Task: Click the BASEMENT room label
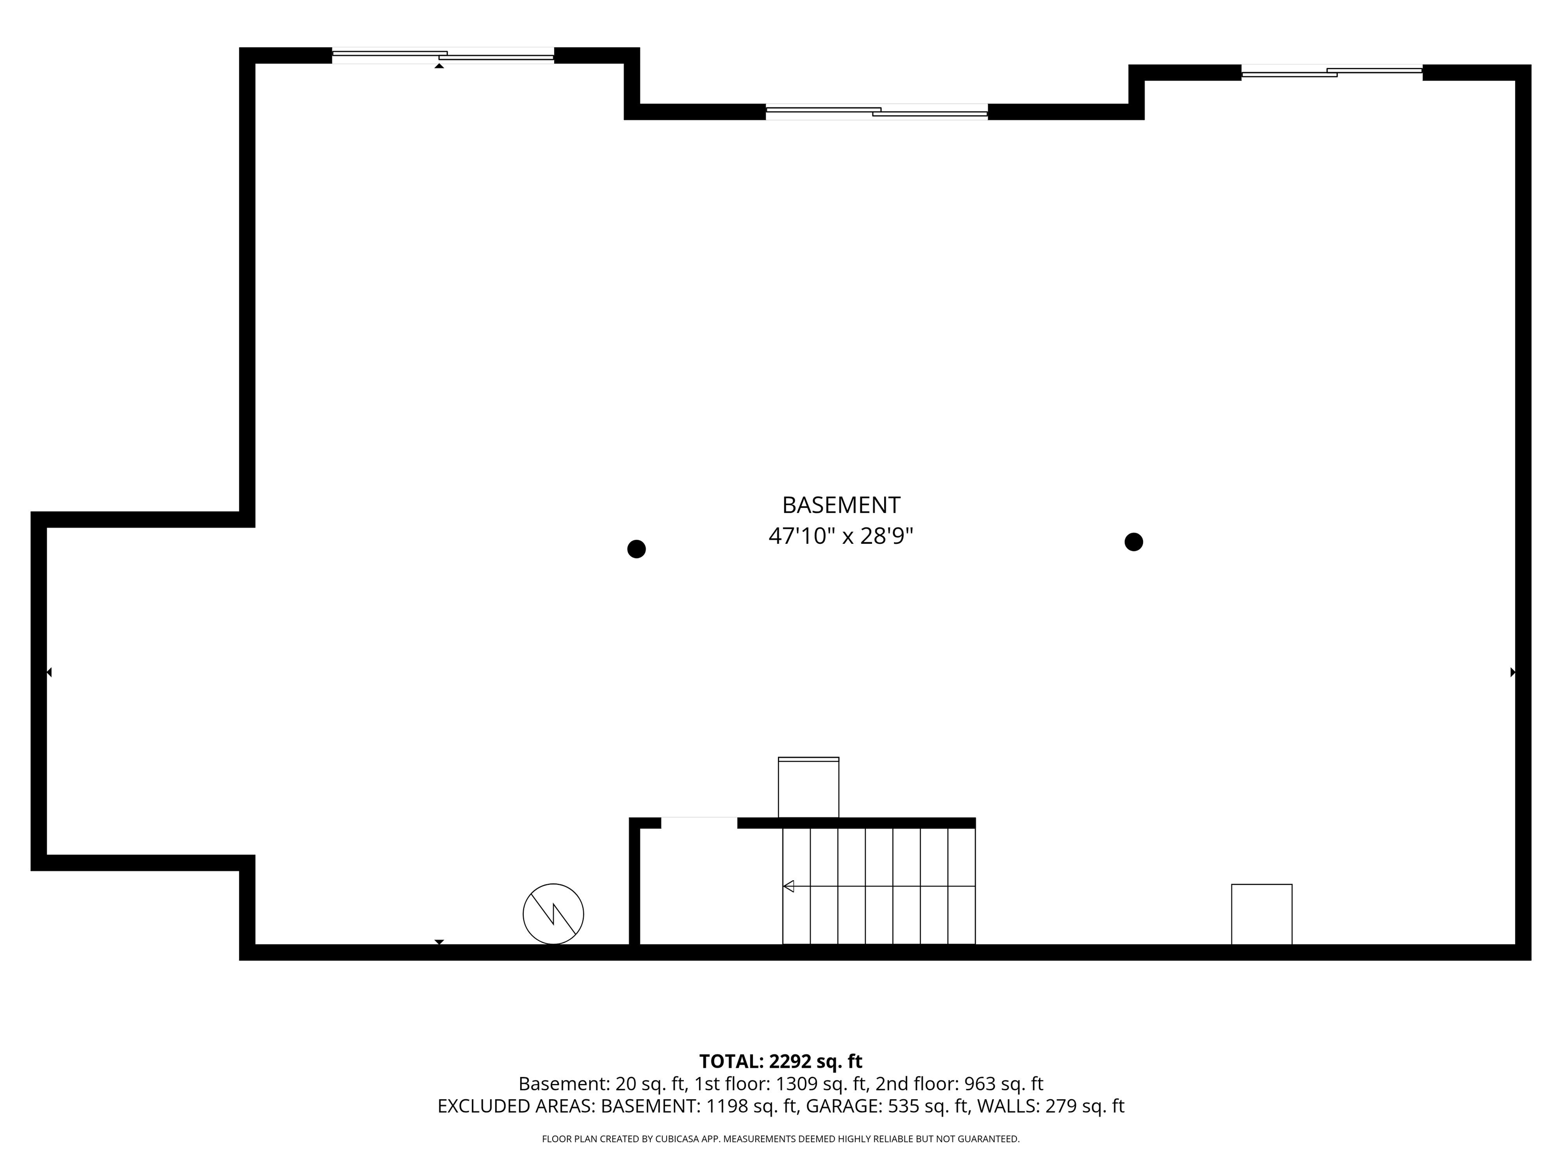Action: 840,505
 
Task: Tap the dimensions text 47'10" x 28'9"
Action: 840,536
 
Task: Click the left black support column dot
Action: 636,549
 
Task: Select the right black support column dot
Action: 1133,542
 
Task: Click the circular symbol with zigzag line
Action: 553,913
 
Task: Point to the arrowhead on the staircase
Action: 789,886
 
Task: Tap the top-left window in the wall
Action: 443,56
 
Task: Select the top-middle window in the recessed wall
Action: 876,111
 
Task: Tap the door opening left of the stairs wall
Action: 699,822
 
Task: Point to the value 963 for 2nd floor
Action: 979,1084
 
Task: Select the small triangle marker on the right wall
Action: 1513,672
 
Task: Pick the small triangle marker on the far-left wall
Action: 49,672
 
